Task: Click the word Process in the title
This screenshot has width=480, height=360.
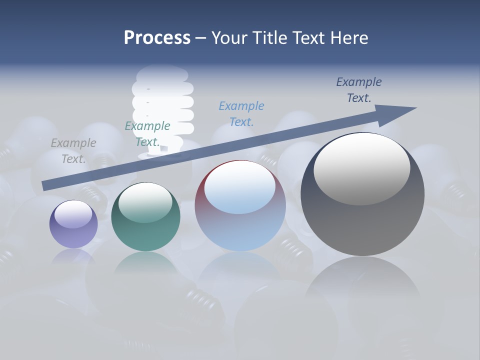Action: (157, 38)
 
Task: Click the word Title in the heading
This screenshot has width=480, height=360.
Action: (267, 38)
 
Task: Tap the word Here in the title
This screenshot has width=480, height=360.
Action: (349, 38)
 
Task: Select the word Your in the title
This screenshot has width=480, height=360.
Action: (229, 38)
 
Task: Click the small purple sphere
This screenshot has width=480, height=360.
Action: (73, 232)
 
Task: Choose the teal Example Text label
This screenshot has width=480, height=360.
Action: (147, 134)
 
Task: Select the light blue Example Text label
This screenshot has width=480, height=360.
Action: (241, 113)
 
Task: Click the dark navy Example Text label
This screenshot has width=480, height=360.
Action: (359, 90)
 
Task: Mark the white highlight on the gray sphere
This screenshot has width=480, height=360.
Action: (362, 167)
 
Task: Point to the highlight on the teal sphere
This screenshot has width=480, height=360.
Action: (145, 201)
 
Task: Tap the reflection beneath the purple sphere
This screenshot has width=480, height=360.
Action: (73, 257)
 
